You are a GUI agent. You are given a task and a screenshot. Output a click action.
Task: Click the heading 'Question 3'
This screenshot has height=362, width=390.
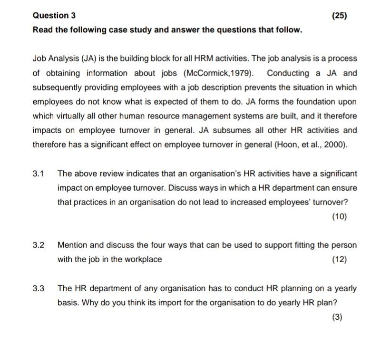(54, 15)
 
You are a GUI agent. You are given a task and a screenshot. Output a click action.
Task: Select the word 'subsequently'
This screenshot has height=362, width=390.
(56, 88)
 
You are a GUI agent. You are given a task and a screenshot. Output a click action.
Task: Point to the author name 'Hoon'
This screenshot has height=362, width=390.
(285, 145)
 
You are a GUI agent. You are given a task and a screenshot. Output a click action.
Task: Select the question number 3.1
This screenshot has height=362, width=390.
(39, 174)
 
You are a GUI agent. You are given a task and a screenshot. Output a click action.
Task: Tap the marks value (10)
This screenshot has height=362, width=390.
(339, 217)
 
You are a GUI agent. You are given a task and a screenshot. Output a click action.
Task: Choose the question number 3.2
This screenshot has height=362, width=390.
(39, 245)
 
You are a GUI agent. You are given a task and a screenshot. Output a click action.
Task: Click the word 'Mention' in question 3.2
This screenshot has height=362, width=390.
(72, 245)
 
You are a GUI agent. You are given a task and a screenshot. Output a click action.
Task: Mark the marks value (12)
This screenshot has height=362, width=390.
(339, 260)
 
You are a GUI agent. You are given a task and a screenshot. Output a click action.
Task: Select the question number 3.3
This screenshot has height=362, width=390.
(39, 289)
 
